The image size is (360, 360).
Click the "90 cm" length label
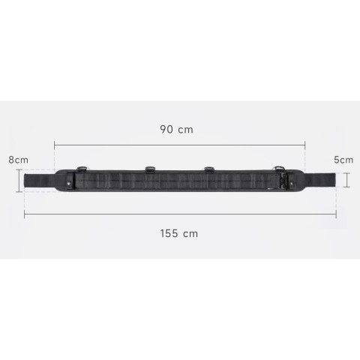(177, 129)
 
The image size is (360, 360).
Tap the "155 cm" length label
(179, 233)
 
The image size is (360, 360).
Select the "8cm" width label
(18, 160)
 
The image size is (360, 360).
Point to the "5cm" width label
(343, 160)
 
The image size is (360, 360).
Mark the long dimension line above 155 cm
(180, 214)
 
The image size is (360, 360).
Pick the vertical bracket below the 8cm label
(19, 180)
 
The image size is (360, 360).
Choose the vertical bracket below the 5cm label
(347, 180)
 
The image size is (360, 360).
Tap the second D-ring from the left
(149, 168)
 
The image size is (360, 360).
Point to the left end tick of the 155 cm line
(25, 214)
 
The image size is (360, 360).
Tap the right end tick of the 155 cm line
(336, 214)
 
